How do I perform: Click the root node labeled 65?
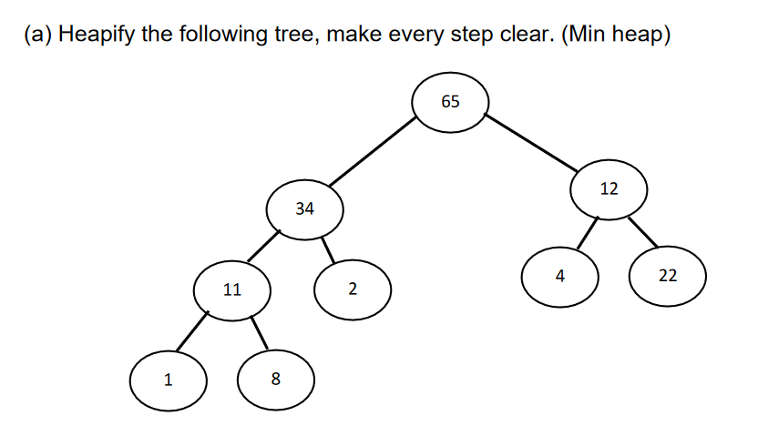[450, 101]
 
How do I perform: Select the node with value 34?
[304, 209]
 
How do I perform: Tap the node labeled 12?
[609, 189]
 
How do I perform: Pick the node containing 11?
[232, 290]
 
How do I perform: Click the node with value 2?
[353, 290]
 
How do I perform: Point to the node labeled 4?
[560, 277]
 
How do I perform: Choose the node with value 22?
[668, 276]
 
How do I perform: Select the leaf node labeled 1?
[168, 380]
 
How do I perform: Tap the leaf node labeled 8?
[276, 380]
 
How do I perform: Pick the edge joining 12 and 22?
[642, 232]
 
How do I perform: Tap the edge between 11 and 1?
[194, 331]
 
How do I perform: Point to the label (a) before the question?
[36, 35]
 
